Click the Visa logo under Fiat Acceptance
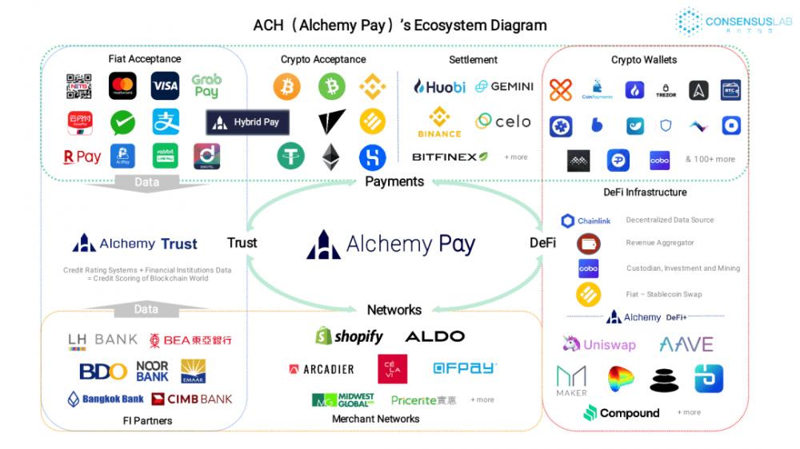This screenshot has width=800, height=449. [x=165, y=85]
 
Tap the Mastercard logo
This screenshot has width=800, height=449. [x=122, y=85]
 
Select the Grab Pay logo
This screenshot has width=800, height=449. [x=206, y=85]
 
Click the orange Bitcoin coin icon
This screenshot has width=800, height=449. [x=286, y=86]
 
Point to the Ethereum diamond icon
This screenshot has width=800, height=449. [x=330, y=157]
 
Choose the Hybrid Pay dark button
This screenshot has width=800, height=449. [x=247, y=122]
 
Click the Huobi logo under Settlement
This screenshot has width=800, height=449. [x=439, y=86]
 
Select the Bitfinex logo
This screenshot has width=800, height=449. [x=450, y=157]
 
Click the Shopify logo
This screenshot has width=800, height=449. [x=350, y=336]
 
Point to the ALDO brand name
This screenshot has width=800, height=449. [x=434, y=336]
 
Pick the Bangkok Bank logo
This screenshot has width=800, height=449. [x=106, y=399]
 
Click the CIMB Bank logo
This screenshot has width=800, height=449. [x=192, y=399]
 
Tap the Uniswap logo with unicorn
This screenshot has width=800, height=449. [x=599, y=344]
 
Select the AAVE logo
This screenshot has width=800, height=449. [x=686, y=344]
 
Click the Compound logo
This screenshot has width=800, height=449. [x=622, y=413]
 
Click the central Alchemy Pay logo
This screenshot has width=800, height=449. [x=391, y=244]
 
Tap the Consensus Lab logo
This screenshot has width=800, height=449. [x=734, y=22]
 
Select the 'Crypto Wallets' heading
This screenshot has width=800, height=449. [x=644, y=60]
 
